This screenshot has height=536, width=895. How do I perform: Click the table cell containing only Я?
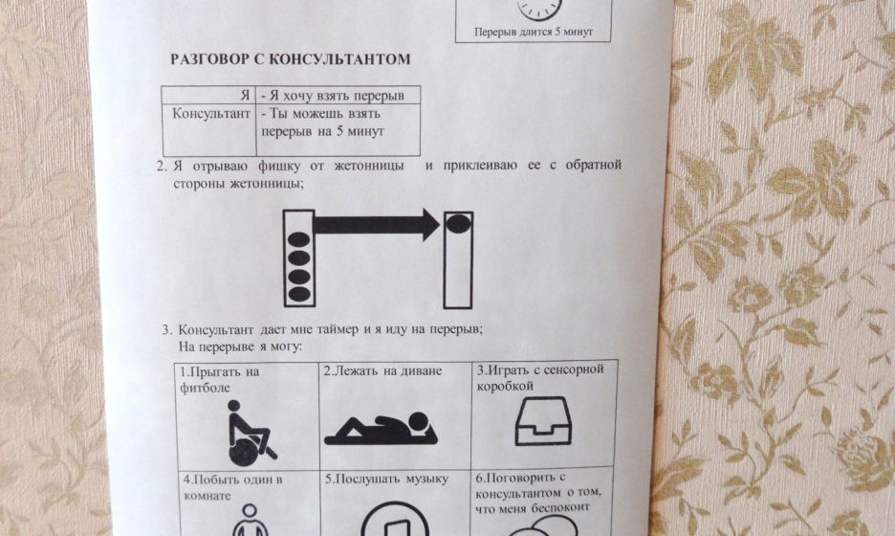(x=209, y=95)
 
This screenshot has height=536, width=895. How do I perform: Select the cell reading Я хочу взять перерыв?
(x=338, y=95)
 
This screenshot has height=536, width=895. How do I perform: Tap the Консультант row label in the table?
(x=211, y=113)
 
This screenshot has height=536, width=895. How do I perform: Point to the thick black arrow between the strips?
(x=377, y=225)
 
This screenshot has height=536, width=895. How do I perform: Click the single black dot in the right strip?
(x=458, y=223)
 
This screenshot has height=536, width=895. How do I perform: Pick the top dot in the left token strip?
(x=299, y=239)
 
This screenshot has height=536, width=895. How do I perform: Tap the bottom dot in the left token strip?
(x=299, y=294)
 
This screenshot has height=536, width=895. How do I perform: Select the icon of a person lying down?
(x=381, y=429)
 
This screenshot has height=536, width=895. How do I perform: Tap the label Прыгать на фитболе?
(x=220, y=379)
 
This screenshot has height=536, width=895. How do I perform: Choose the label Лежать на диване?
(x=382, y=370)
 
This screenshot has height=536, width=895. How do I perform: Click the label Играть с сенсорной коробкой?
(x=540, y=377)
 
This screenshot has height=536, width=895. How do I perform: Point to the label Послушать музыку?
(x=386, y=479)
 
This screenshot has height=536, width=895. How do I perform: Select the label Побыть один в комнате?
(x=233, y=487)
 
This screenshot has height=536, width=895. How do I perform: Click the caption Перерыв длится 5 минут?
(x=534, y=32)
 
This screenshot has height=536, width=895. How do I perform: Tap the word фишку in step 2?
(x=279, y=167)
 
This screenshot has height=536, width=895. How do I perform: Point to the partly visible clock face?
(x=538, y=10)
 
